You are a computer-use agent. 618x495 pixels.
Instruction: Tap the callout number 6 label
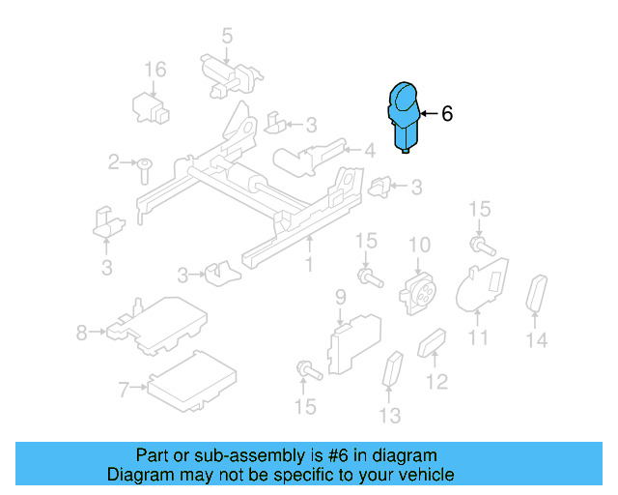pos(446,114)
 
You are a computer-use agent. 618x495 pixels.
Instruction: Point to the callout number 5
pos(227,37)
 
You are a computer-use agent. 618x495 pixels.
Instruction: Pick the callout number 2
pos(114,161)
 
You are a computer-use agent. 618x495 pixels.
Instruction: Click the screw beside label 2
pos(143,169)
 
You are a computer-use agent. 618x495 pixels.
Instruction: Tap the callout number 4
pos(369,150)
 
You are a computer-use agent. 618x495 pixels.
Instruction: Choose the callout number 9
pos(340,295)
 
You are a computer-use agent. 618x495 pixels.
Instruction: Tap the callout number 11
pos(478,337)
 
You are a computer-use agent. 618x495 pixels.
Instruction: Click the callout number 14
pos(537,339)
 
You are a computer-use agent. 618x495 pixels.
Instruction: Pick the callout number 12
pos(436,382)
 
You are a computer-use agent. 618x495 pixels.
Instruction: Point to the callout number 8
pos(81,334)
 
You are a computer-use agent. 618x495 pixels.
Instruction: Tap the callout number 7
pos(123,390)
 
